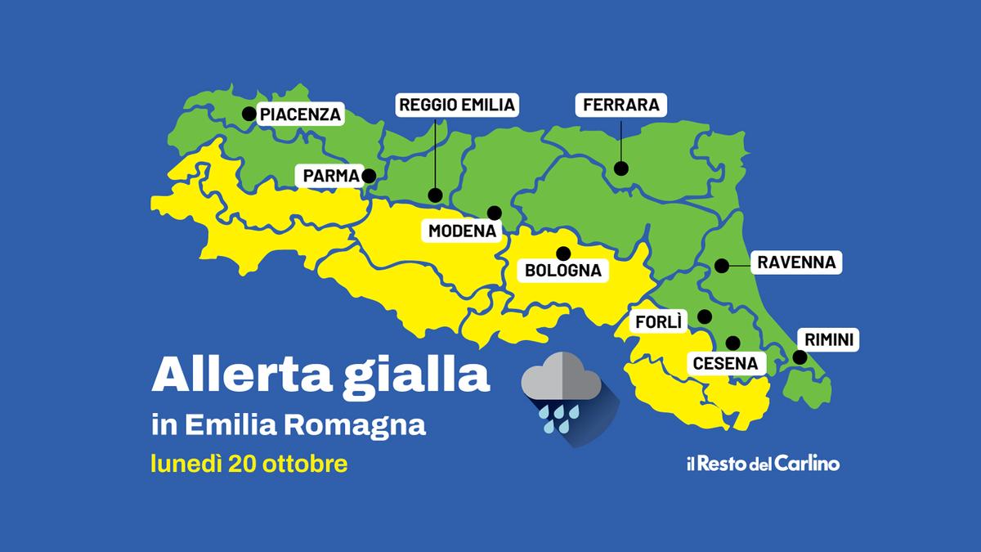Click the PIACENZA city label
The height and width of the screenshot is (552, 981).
click(x=300, y=114)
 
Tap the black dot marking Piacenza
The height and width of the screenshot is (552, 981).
click(x=247, y=114)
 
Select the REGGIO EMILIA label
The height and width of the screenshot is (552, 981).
click(x=457, y=105)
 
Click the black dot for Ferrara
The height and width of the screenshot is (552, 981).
click(x=621, y=169)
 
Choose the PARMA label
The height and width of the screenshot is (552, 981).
click(x=331, y=176)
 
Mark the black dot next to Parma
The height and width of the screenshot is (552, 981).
click(x=369, y=175)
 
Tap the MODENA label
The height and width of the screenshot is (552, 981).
click(x=463, y=231)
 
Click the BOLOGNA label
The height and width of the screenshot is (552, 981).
click(x=562, y=270)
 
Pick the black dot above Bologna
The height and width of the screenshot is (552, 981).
click(x=562, y=252)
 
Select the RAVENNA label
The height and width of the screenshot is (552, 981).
click(x=795, y=263)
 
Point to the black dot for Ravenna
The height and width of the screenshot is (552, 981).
click(x=721, y=265)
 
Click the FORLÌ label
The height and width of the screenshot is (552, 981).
click(x=659, y=322)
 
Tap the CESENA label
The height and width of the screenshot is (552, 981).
click(x=725, y=363)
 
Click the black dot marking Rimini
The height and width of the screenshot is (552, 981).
click(x=800, y=357)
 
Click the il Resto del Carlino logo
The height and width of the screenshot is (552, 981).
click(x=762, y=464)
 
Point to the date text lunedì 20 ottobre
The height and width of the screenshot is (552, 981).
click(x=249, y=464)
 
